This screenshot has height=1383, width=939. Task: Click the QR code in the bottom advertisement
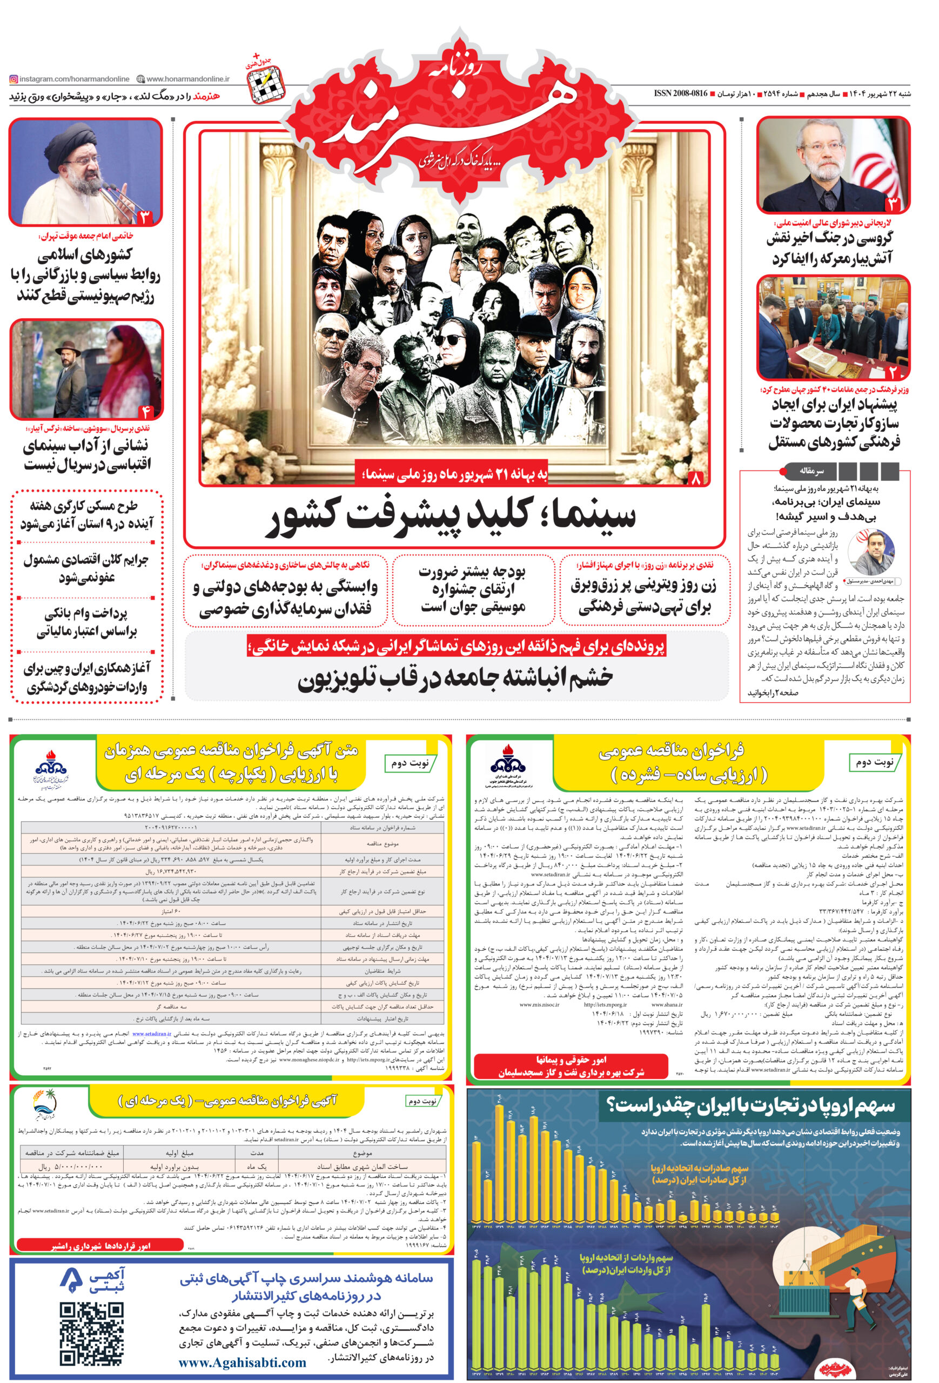click(92, 1332)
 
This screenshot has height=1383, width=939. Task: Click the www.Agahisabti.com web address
click(242, 1362)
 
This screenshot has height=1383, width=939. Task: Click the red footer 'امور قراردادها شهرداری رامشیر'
click(101, 1246)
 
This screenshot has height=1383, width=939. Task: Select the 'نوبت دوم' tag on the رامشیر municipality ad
click(422, 1101)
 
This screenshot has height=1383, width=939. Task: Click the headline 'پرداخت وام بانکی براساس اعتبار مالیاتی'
click(87, 622)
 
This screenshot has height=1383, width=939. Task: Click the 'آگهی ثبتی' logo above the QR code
click(92, 1281)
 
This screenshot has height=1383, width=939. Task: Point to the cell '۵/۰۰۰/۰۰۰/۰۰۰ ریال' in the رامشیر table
click(70, 1167)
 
